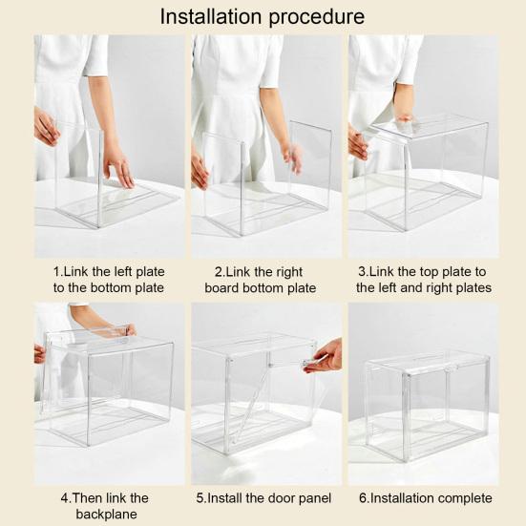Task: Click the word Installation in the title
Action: [x=210, y=16]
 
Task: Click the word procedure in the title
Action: [x=317, y=17]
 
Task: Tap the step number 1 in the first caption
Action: [x=56, y=272]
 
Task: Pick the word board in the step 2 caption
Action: [x=221, y=288]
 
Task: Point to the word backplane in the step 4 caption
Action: [x=106, y=514]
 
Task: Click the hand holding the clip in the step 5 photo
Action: [x=323, y=356]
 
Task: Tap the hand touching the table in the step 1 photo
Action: [x=119, y=167]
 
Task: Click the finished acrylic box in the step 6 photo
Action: [x=428, y=405]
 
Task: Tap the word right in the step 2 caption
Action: [x=287, y=272]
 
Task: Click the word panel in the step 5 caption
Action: [x=315, y=498]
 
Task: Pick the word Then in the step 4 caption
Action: [x=88, y=498]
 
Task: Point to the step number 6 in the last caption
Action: [x=363, y=498]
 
